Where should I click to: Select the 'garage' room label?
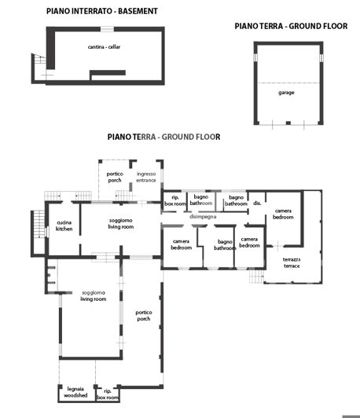286,92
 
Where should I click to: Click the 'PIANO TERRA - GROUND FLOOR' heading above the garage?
291,26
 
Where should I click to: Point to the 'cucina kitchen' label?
64,225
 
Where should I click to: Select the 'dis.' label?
257,203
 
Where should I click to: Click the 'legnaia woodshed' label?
75,394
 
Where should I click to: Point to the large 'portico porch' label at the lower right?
143,316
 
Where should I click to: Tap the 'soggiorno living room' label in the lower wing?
94,296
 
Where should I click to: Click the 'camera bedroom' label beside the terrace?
283,214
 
